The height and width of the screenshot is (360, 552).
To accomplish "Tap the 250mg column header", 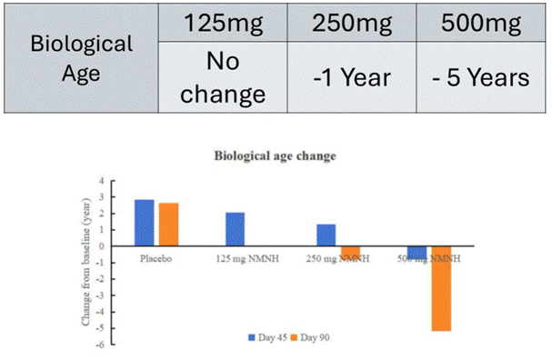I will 350,22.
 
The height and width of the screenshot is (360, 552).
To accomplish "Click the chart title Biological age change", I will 275,155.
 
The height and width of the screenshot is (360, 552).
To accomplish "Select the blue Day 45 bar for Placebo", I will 144,223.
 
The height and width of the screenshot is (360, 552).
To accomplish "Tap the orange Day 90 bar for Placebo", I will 168,225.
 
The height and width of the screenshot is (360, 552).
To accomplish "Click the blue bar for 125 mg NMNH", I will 235,229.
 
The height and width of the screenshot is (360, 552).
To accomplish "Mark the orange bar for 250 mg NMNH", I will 350,252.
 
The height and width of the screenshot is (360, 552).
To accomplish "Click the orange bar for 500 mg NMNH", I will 441,288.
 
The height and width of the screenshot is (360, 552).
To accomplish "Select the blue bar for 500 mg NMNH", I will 417,253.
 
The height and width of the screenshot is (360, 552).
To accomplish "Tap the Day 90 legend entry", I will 308,337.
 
